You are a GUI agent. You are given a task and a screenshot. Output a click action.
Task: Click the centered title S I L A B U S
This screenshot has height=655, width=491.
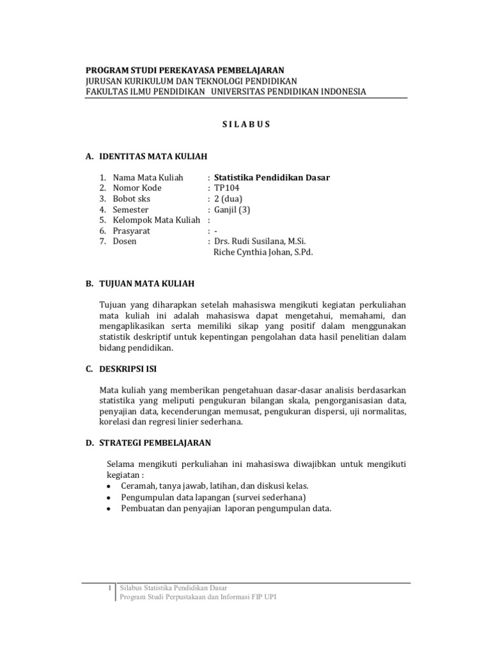[x=245, y=125]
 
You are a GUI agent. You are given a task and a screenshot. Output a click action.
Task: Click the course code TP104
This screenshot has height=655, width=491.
[x=228, y=188]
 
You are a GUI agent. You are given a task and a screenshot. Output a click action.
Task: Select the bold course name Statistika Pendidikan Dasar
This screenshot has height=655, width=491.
[x=272, y=177]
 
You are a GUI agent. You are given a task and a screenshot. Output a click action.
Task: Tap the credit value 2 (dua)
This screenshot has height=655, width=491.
[x=228, y=199]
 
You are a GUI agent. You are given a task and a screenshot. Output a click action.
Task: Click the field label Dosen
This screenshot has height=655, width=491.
[x=125, y=241]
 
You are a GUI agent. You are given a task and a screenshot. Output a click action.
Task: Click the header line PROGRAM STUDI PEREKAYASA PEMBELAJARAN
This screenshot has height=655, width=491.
[x=185, y=70]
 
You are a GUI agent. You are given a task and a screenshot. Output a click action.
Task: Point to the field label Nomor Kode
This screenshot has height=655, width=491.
[x=137, y=188]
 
